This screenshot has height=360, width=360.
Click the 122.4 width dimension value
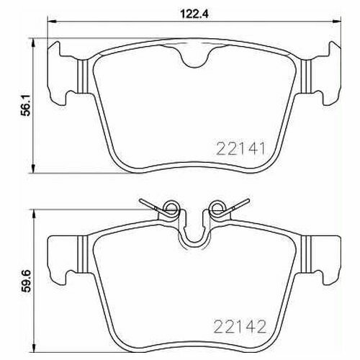click(194, 14)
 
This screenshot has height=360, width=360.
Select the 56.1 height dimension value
click(26, 105)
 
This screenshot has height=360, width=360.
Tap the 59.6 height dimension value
click(26, 281)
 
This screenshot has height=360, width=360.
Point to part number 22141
click(240, 148)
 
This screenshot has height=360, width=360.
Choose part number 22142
click(240, 326)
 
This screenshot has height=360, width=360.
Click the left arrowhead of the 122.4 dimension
click(52, 22)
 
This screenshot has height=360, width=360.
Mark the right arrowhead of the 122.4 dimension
click(337, 22)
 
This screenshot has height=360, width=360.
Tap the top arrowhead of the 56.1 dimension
click(33, 42)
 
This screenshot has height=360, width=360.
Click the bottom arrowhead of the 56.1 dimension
click(33, 168)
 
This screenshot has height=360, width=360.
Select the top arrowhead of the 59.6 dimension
click(33, 215)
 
